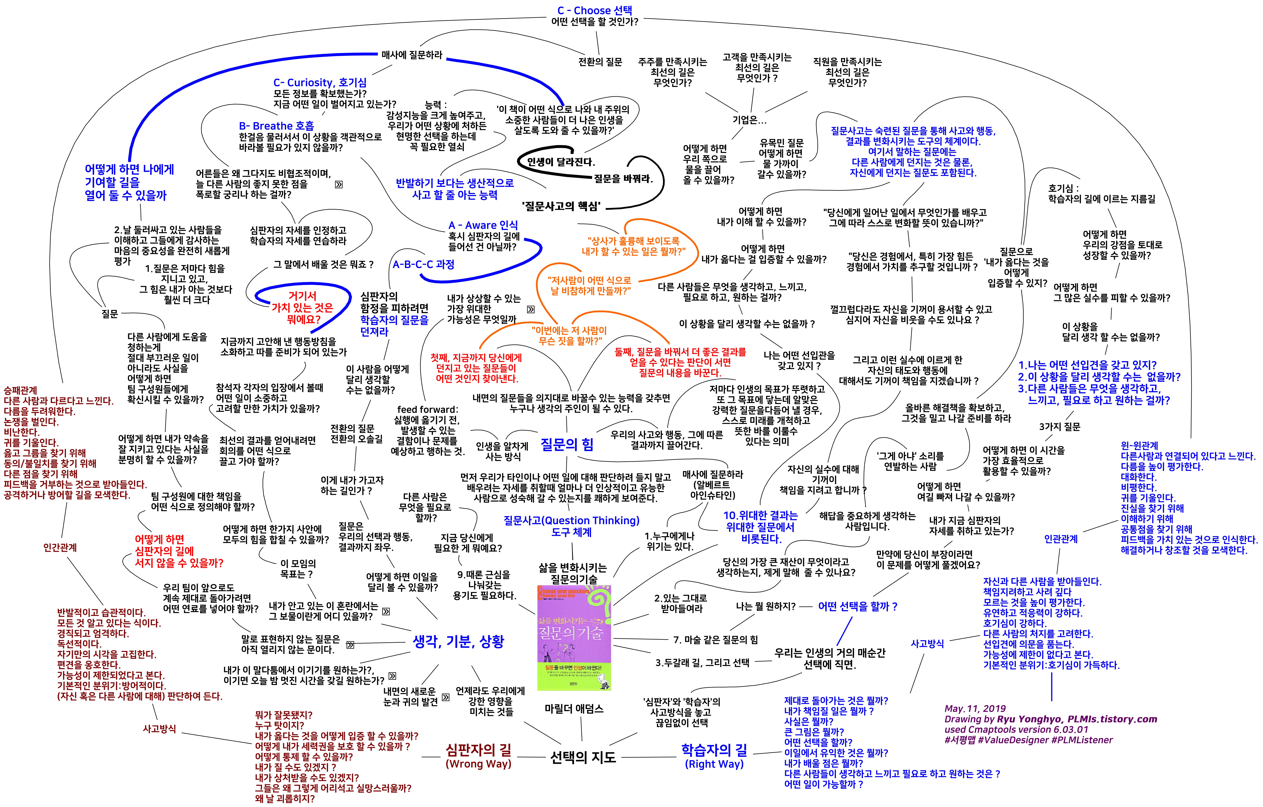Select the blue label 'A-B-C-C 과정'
pyautogui.click(x=423, y=264)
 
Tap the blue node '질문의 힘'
pyautogui.click(x=567, y=445)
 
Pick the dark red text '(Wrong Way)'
pyautogui.click(x=478, y=764)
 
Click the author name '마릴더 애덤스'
pyautogui.click(x=574, y=709)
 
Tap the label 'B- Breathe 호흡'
pyautogui.click(x=276, y=126)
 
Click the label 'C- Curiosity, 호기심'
pyautogui.click(x=320, y=82)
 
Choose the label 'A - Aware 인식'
pyautogui.click(x=483, y=225)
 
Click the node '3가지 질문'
pyautogui.click(x=1060, y=427)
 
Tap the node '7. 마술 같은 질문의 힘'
pyautogui.click(x=715, y=640)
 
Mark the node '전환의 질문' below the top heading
pyautogui.click(x=600, y=62)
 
